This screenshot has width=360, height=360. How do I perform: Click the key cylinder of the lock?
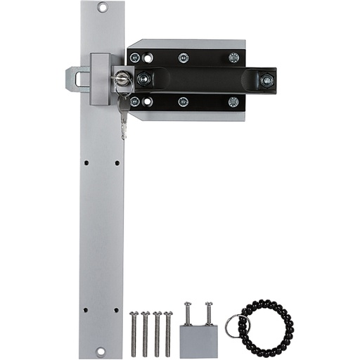tap(122, 79)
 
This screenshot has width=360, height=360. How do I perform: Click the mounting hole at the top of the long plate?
tap(102, 8)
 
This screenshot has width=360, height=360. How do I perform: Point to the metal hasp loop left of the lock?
tap(77, 79)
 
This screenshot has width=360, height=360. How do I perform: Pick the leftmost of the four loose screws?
tap(134, 333)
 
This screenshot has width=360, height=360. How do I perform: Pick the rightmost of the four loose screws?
tap(168, 333)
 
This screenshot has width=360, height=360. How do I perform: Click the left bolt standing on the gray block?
tap(188, 313)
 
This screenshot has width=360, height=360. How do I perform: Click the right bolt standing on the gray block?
tap(209, 313)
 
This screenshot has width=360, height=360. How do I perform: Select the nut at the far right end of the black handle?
tap(266, 80)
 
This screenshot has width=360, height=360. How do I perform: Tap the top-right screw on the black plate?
tap(233, 58)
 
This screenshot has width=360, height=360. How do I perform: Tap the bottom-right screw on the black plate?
tap(233, 102)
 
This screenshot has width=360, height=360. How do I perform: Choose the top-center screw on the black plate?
tap(184, 58)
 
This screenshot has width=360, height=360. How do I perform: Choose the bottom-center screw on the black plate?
tap(184, 102)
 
